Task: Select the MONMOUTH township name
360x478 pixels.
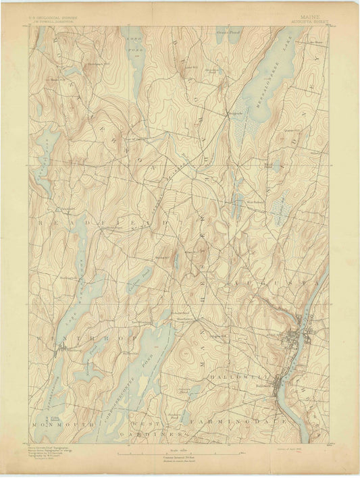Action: pos(54,425)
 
